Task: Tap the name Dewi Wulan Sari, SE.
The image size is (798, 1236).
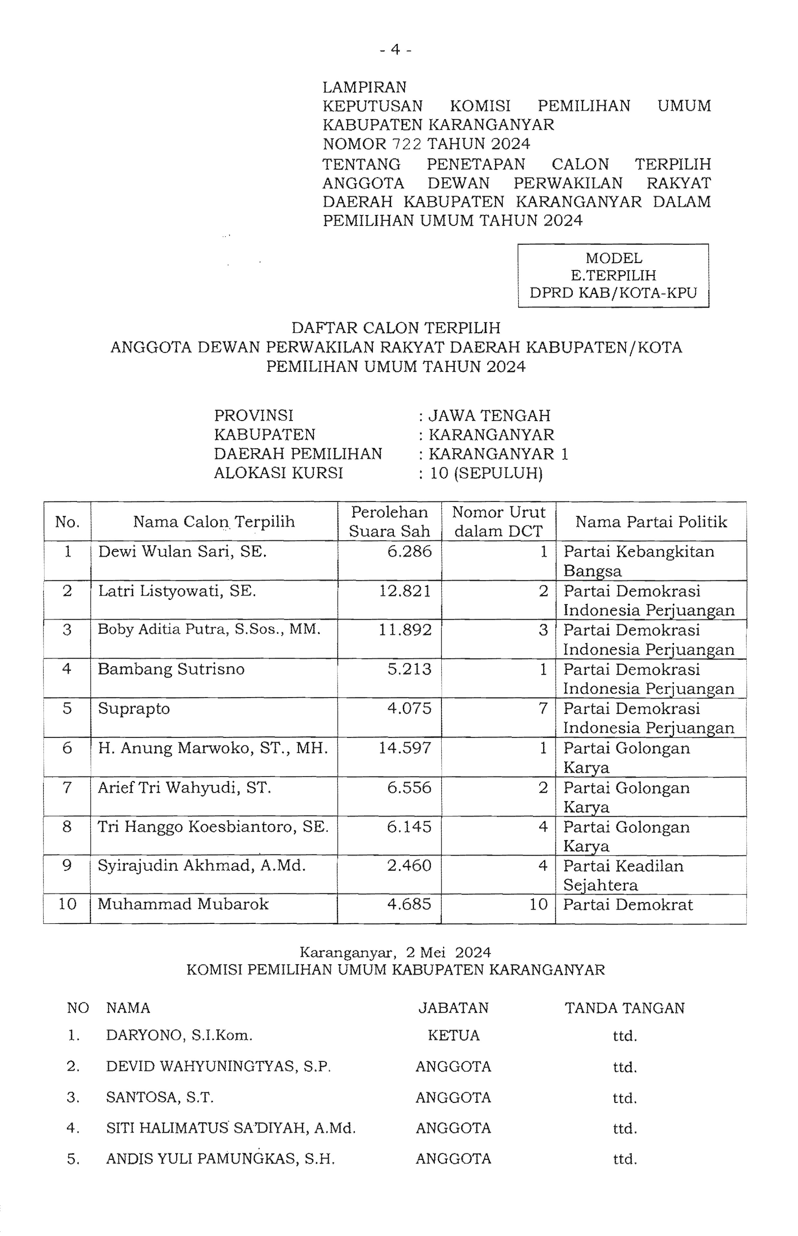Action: pyautogui.click(x=183, y=552)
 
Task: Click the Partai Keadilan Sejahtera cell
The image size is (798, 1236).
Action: pyautogui.click(x=624, y=876)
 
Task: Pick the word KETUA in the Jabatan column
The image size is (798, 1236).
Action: pyautogui.click(x=454, y=1036)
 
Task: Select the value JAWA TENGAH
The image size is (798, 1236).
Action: pyautogui.click(x=489, y=415)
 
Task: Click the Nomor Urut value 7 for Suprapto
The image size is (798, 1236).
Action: pyautogui.click(x=542, y=708)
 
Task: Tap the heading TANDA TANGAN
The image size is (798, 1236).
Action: pyautogui.click(x=624, y=1008)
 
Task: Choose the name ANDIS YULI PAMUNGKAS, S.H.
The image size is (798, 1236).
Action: pyautogui.click(x=220, y=1159)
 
